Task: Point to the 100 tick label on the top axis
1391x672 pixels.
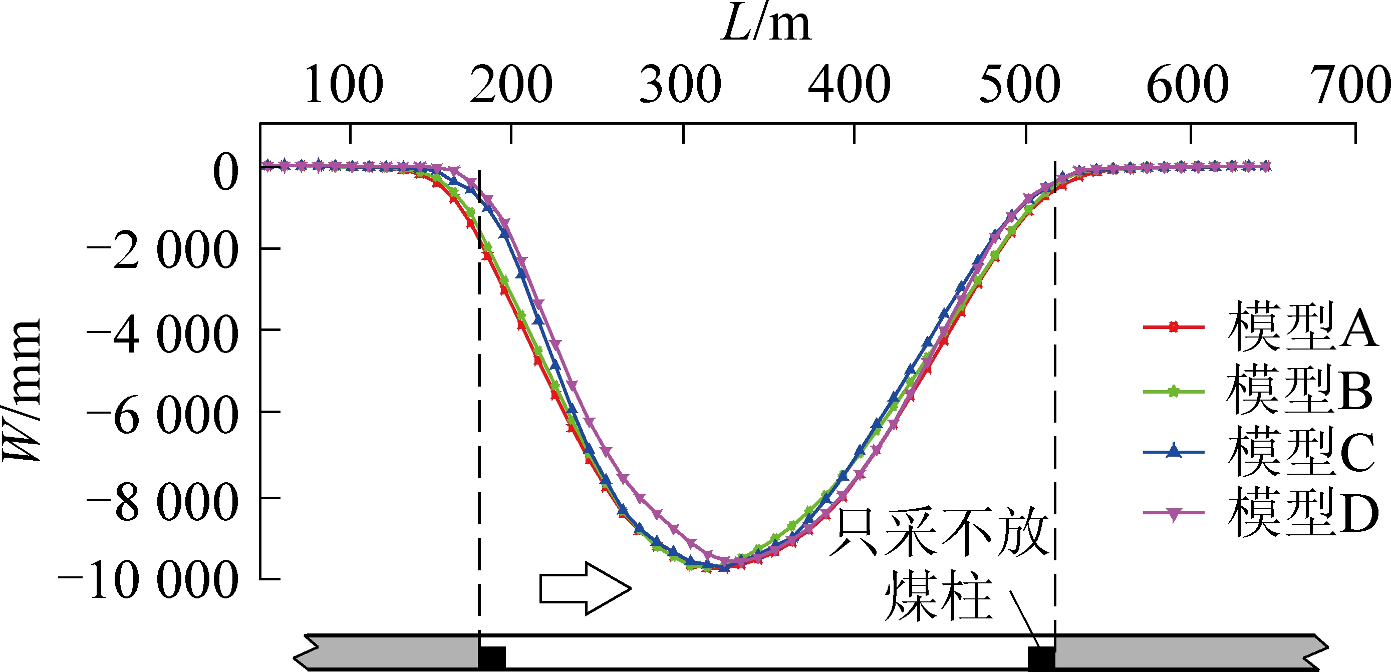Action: pyautogui.click(x=344, y=85)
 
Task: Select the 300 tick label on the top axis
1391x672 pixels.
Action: pyautogui.click(x=680, y=85)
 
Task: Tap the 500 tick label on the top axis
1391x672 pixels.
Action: pyautogui.click(x=1019, y=85)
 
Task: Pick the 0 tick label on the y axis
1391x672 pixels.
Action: pyautogui.click(x=226, y=172)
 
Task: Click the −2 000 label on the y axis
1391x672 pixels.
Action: pyautogui.click(x=162, y=251)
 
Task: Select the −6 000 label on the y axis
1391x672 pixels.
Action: pyautogui.click(x=162, y=416)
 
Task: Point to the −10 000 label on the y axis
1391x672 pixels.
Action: pyautogui.click(x=148, y=581)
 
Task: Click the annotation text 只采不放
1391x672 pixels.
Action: pyautogui.click(x=940, y=533)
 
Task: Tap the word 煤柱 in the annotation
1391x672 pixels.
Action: pyautogui.click(x=939, y=596)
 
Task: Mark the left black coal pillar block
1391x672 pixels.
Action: pyautogui.click(x=492, y=657)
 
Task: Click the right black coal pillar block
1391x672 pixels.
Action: pyautogui.click(x=1041, y=657)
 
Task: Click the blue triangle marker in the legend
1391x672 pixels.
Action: pyautogui.click(x=1174, y=451)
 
